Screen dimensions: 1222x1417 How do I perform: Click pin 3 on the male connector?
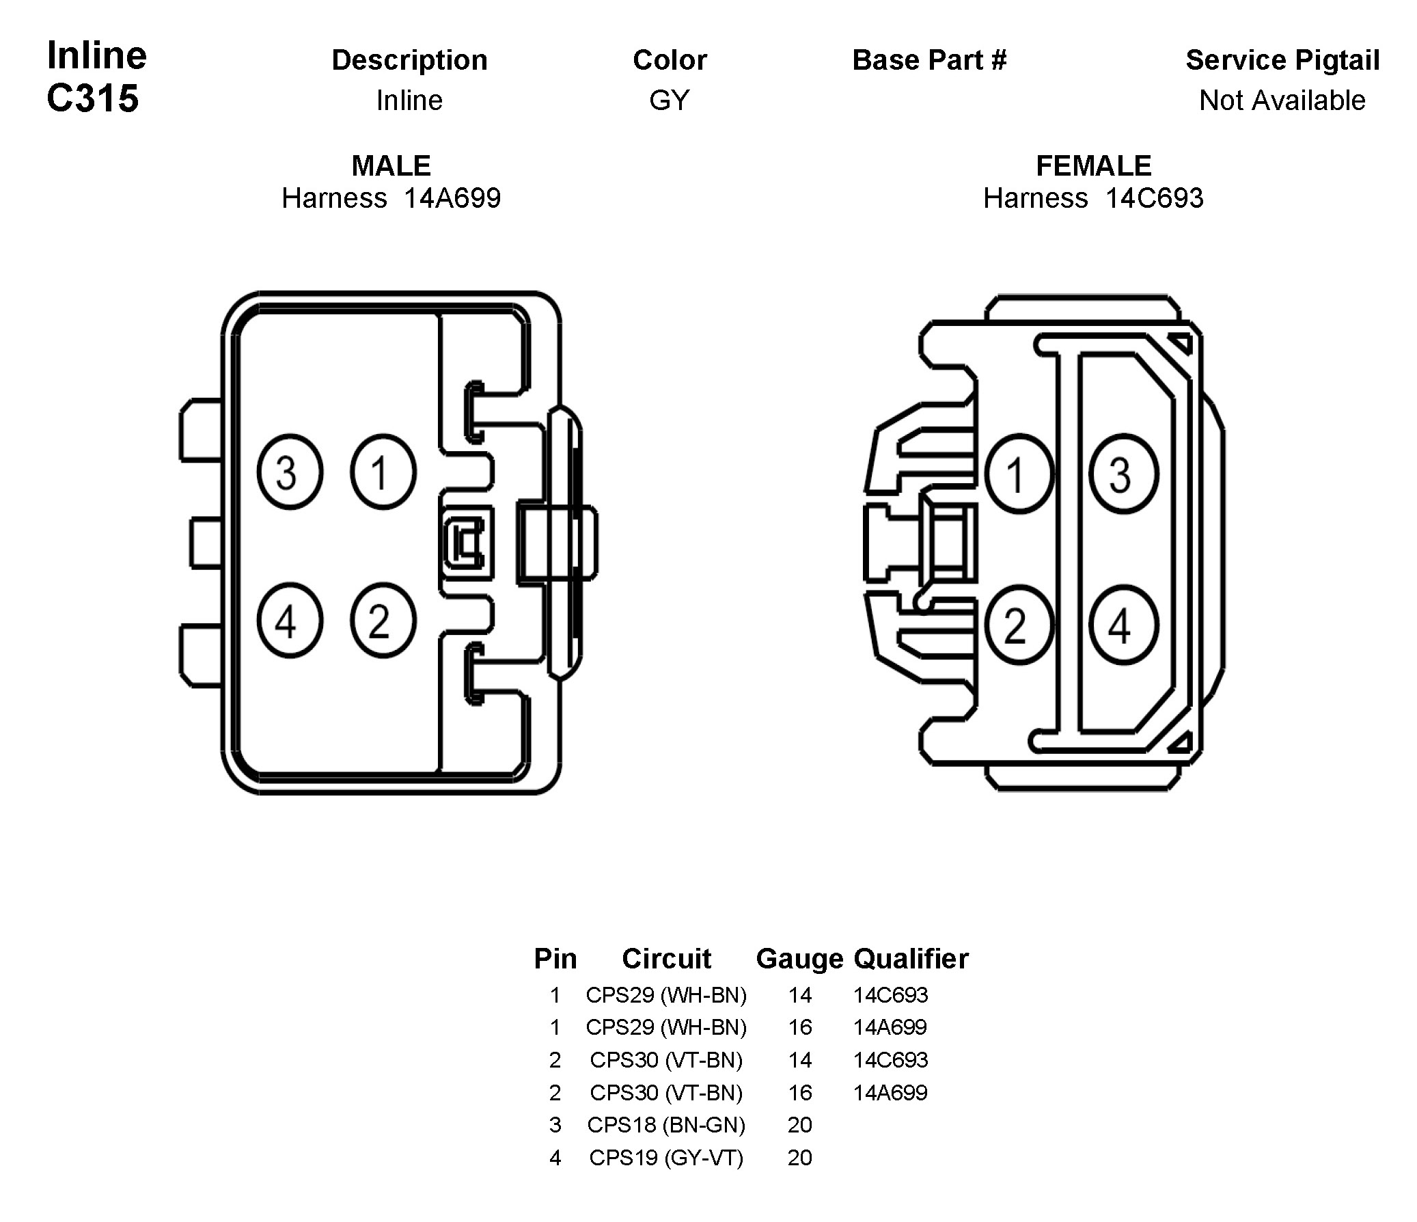click(x=289, y=472)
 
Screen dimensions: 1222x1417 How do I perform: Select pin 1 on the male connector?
click(x=383, y=472)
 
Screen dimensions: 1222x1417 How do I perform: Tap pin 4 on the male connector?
click(x=289, y=621)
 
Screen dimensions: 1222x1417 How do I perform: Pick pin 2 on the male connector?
click(x=383, y=621)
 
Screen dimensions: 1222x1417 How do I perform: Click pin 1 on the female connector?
click(x=1019, y=474)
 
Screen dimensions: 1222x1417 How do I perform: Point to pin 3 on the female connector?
click(x=1123, y=474)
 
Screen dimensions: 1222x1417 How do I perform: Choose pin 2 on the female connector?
click(x=1019, y=625)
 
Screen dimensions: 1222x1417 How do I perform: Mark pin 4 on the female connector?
click(x=1123, y=625)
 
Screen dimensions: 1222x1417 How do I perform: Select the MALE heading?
click(x=391, y=165)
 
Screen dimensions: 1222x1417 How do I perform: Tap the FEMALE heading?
click(x=1094, y=165)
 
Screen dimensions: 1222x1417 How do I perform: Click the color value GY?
click(x=670, y=100)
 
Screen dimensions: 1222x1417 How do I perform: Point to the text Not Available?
click(x=1282, y=100)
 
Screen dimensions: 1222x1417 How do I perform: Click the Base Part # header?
click(x=929, y=60)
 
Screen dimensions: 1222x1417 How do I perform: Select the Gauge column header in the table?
click(x=799, y=959)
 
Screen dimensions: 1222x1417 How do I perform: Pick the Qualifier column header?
click(x=911, y=959)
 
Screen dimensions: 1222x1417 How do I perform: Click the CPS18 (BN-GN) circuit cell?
click(x=666, y=1125)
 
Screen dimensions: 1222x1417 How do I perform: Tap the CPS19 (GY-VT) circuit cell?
click(x=666, y=1158)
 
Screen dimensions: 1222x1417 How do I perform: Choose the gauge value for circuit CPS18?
click(x=799, y=1125)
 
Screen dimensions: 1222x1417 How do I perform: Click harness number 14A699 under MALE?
click(x=452, y=198)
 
